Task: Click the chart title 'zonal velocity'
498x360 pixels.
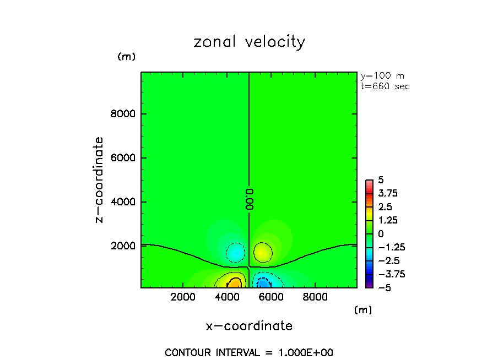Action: (249, 42)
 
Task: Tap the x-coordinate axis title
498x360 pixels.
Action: (249, 326)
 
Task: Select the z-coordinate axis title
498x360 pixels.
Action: (100, 179)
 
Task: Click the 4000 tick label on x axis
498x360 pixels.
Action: (227, 297)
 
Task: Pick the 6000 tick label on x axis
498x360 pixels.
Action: (270, 297)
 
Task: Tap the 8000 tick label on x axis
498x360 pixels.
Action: (314, 297)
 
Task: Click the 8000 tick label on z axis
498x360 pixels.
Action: (125, 114)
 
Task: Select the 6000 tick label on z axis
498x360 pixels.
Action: (125, 158)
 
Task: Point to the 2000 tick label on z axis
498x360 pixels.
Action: (125, 246)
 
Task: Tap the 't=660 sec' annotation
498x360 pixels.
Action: (385, 86)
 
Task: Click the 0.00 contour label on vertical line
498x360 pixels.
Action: (249, 198)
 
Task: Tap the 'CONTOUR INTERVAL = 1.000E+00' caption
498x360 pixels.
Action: (249, 352)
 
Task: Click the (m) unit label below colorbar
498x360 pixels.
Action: (362, 310)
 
